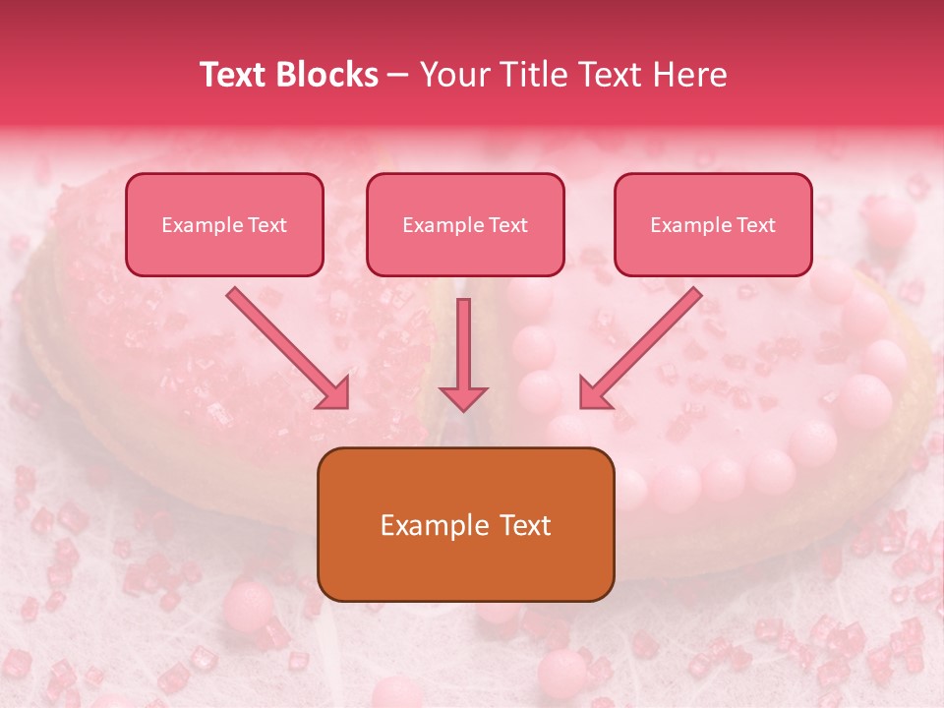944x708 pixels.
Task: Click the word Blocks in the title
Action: (328, 75)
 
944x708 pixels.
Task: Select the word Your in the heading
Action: (453, 75)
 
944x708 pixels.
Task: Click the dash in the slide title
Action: (398, 76)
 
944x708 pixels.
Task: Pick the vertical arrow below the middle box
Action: (463, 344)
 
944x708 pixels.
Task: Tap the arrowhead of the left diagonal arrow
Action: (334, 393)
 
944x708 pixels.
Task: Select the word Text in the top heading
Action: (236, 75)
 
